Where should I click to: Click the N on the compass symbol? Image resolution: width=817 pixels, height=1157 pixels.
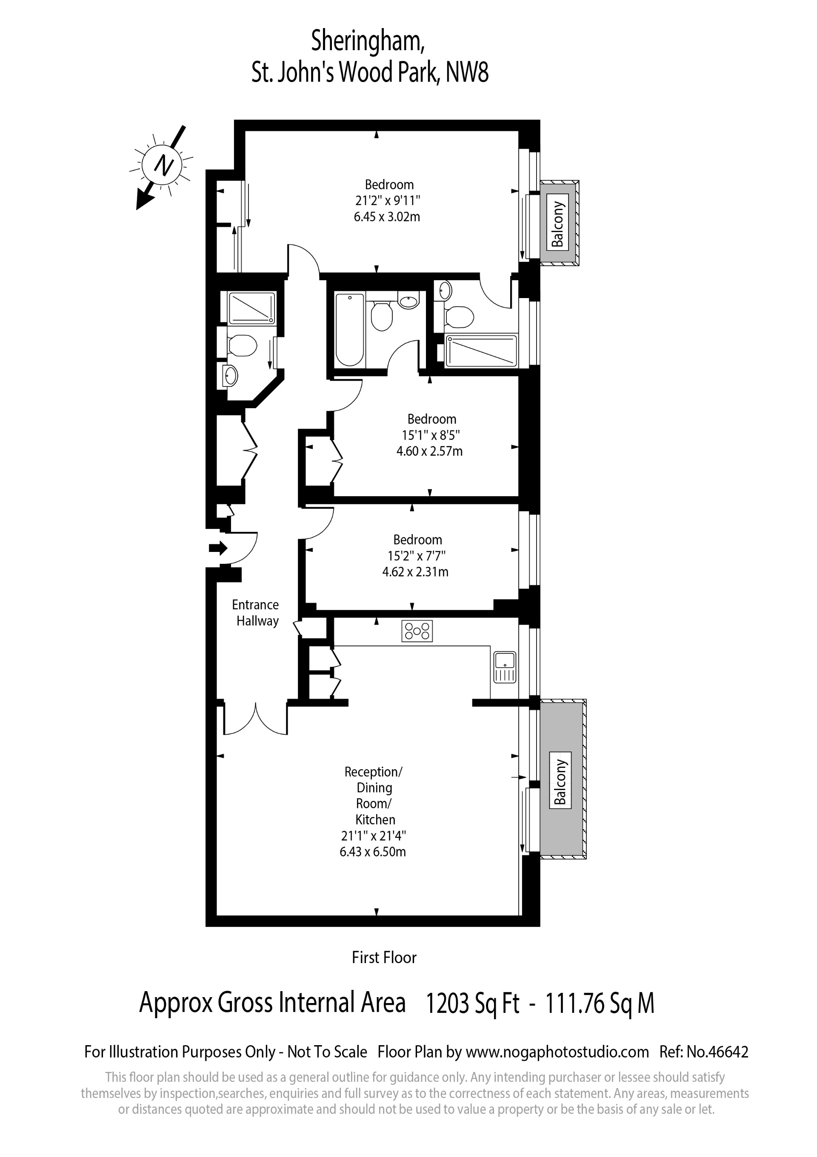click(163, 165)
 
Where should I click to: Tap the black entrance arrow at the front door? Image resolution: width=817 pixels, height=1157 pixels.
click(218, 548)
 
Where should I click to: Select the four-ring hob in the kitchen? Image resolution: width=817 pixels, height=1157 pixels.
click(417, 631)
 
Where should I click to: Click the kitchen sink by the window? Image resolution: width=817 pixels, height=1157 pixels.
click(504, 666)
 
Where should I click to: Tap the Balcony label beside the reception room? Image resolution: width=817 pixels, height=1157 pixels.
click(560, 779)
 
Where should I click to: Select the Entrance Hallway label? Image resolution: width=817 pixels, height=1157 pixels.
click(256, 613)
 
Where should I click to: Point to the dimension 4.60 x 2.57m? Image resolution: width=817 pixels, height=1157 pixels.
click(429, 451)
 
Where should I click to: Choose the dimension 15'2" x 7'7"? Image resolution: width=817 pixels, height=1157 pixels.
click(417, 556)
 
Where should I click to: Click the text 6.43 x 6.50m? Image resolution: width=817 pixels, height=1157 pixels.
click(373, 852)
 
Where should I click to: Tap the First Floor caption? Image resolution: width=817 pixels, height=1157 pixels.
click(384, 958)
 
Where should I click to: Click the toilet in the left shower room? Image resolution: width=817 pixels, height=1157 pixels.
click(243, 346)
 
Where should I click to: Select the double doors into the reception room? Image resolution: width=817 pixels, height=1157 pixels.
click(256, 719)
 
